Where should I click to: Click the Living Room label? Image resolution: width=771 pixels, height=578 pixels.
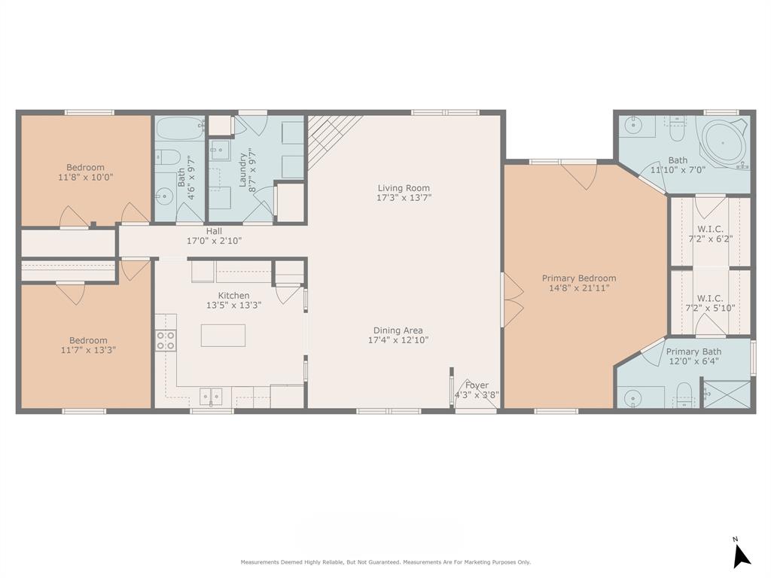click(404, 187)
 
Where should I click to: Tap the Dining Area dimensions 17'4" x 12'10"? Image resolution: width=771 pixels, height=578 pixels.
click(398, 339)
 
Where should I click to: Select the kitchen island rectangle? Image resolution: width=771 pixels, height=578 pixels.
click(223, 335)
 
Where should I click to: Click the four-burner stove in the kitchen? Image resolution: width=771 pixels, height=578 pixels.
click(166, 340)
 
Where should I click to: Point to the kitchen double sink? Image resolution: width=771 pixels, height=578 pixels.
click(211, 396)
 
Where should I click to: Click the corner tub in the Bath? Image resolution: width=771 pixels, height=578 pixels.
click(724, 141)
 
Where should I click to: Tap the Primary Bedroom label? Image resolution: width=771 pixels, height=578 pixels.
click(579, 278)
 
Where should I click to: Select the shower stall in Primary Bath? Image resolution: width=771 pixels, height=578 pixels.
click(727, 392)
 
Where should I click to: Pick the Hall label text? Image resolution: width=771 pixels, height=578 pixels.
click(214, 231)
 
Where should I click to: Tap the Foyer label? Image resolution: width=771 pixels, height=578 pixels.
click(477, 385)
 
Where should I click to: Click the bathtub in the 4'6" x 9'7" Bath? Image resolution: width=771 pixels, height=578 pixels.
click(180, 128)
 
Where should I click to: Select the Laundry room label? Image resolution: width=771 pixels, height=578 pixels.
click(242, 169)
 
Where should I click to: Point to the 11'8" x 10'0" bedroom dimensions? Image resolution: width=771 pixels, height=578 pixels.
click(86, 177)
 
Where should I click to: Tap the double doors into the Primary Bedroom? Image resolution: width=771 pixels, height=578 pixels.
click(513, 300)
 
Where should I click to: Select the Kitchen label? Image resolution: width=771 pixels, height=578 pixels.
click(233, 295)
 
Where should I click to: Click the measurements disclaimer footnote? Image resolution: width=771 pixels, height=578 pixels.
click(385, 561)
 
